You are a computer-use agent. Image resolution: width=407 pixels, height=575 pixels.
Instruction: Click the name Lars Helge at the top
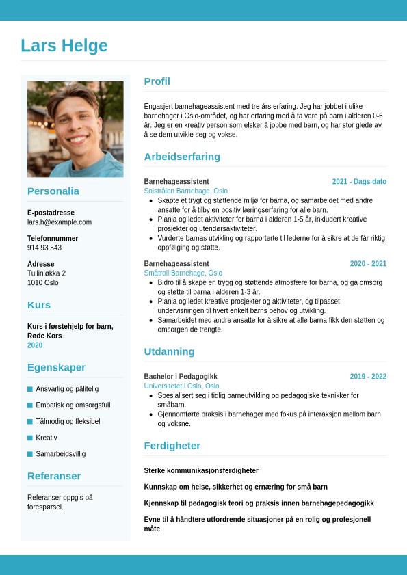[64, 46]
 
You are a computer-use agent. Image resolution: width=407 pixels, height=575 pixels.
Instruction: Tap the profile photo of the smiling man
[75, 129]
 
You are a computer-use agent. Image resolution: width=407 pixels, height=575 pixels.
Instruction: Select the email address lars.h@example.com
[60, 222]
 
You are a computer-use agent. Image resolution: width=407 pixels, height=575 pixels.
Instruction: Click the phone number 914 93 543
[44, 248]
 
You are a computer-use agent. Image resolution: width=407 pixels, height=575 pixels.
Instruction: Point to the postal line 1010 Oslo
[43, 282]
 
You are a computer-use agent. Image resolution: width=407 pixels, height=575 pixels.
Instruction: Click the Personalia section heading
[53, 191]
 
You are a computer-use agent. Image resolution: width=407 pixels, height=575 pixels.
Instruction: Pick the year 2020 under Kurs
[35, 345]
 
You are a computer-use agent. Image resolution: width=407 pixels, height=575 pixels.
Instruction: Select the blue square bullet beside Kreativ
[30, 438]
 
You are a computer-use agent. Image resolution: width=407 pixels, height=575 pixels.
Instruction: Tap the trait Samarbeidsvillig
[61, 454]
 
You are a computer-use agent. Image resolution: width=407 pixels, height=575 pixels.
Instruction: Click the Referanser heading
[54, 476]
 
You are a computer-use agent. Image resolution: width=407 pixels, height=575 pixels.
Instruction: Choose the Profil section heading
[157, 81]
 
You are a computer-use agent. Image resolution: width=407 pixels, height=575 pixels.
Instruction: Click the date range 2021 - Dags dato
[359, 182]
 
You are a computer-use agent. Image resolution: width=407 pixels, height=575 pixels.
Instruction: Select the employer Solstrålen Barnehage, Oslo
[185, 191]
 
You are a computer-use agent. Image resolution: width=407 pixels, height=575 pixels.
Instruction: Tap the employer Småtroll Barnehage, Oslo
[183, 273]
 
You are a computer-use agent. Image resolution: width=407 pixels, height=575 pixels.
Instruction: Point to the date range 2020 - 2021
[368, 264]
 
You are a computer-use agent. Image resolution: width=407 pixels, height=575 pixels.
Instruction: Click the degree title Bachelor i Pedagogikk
[181, 377]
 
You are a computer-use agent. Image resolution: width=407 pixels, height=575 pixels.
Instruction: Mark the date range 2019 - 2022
[368, 377]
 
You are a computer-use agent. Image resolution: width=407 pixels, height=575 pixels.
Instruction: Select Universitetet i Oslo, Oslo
[181, 386]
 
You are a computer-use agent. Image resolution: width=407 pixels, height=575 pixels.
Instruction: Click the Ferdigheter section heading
[172, 446]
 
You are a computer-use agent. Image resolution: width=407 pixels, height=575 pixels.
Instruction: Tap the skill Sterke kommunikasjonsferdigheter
[201, 471]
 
